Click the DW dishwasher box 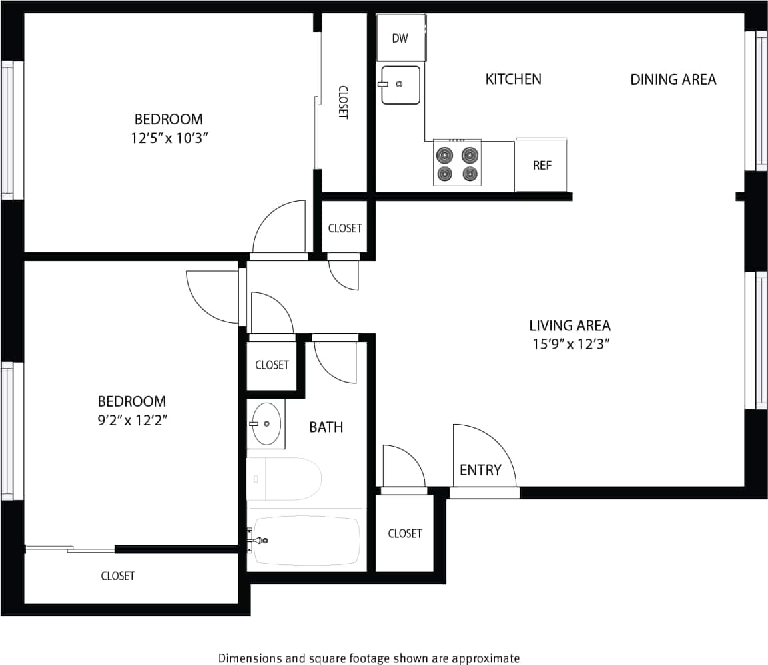(400, 38)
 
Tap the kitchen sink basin (400, 85)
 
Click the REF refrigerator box (542, 165)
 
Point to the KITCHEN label (513, 79)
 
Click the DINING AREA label (673, 80)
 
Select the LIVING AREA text (570, 326)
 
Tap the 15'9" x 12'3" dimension (570, 344)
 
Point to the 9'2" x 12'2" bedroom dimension (131, 421)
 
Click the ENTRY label (480, 470)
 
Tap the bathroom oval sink (267, 423)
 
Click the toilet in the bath (283, 478)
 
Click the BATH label (326, 427)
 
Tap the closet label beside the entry (404, 533)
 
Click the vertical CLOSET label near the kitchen (343, 102)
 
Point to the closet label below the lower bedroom (118, 576)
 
